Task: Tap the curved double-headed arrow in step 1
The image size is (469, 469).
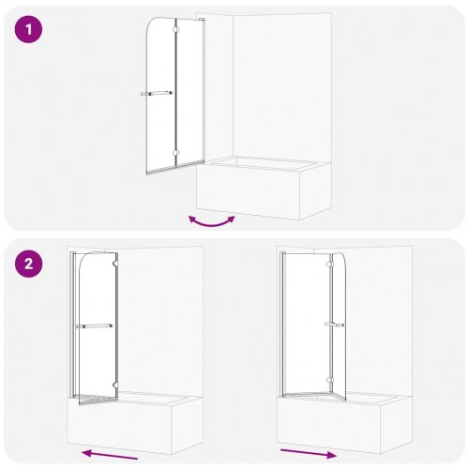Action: pos(211,220)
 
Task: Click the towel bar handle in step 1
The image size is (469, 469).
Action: pos(156,93)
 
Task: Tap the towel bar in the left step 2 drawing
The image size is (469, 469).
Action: pos(97,325)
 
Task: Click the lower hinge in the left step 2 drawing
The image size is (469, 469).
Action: pos(114,382)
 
